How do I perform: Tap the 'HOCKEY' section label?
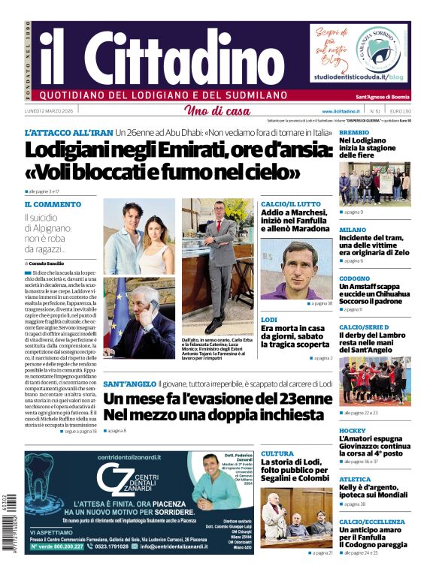(x=352, y=431)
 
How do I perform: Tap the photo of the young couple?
(x=139, y=237)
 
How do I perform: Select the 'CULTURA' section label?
(x=277, y=453)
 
